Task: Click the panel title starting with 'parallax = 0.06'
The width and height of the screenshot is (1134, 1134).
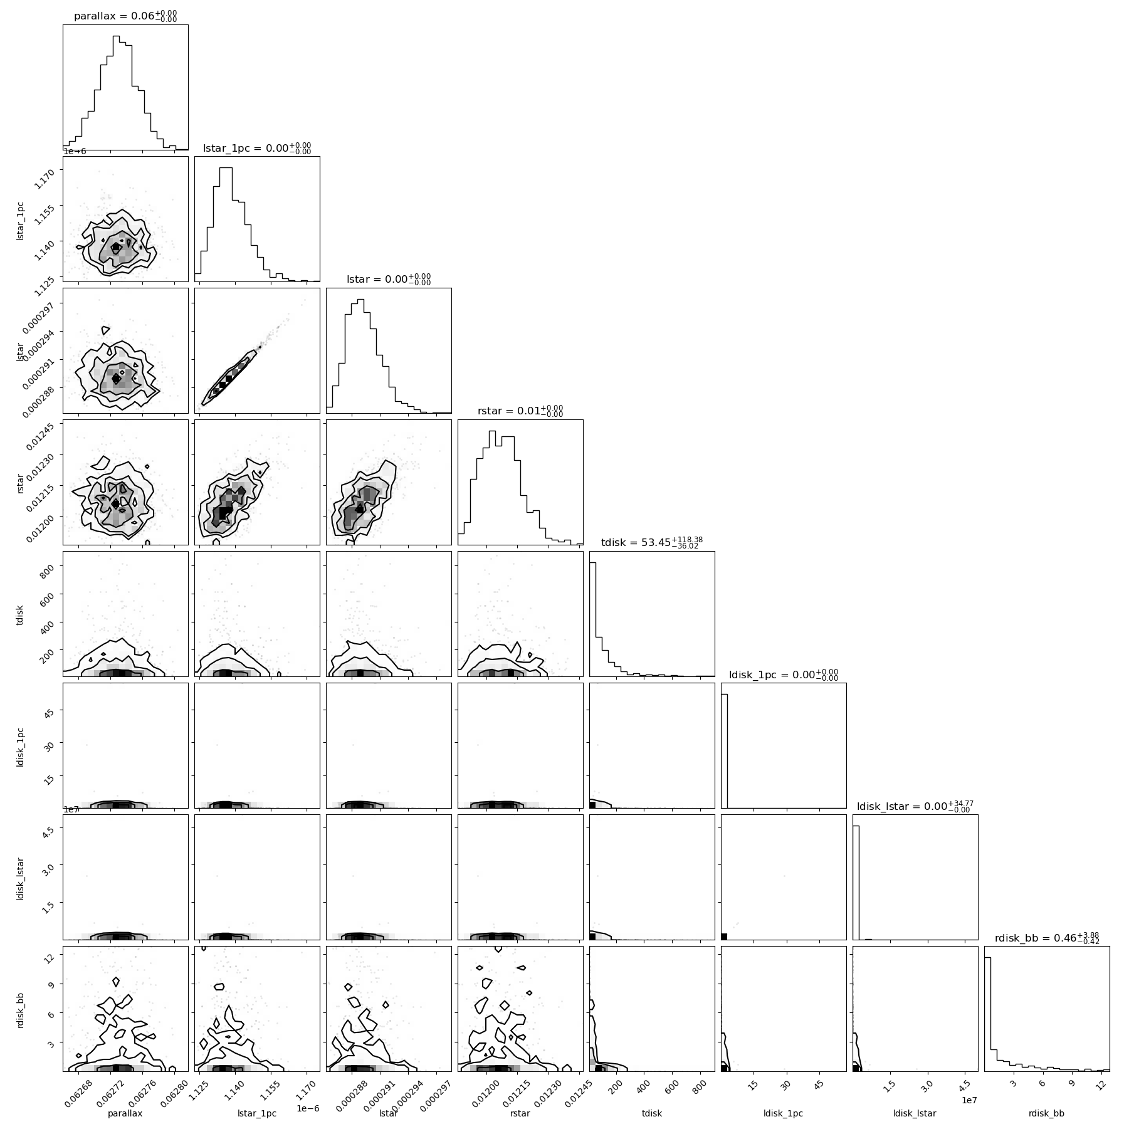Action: click(125, 16)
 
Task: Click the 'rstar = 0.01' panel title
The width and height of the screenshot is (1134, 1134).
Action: click(520, 411)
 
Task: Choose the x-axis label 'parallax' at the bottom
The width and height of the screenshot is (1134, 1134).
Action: click(125, 1113)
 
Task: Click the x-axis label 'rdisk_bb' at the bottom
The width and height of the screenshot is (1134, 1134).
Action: click(1046, 1113)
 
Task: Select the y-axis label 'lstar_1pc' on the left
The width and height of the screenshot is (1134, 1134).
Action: click(21, 219)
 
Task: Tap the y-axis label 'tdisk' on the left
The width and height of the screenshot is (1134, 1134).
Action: click(21, 614)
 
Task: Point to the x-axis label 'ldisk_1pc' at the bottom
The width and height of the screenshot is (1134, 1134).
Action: click(783, 1113)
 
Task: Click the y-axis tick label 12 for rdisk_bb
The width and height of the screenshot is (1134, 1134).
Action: click(53, 955)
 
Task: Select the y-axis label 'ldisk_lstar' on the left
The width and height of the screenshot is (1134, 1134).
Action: click(21, 877)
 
